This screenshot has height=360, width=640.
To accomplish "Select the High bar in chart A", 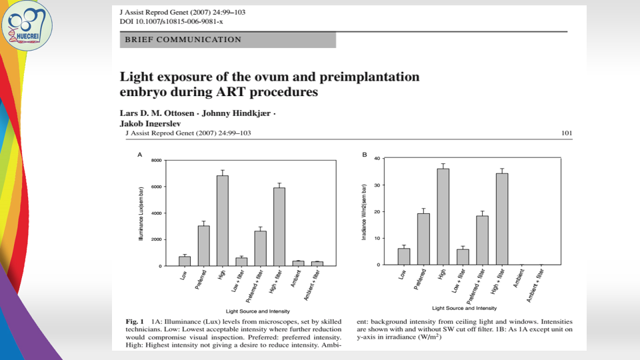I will tap(223, 221).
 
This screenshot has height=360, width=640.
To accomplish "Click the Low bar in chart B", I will tap(404, 257).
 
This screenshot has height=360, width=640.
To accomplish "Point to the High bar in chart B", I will tap(443, 217).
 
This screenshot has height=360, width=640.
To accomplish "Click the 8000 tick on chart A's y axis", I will tap(156, 161).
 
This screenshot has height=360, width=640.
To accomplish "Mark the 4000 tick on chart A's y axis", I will tap(156, 213).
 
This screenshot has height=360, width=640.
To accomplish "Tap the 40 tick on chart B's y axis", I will tap(377, 159).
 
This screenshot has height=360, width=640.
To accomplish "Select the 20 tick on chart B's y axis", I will tap(377, 212).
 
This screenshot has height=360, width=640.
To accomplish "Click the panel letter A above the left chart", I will tap(140, 155).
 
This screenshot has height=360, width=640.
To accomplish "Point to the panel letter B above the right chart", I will tap(365, 155).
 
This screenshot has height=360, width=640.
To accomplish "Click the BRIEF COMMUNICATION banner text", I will tap(183, 40).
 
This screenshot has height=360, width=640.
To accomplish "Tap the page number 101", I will tap(566, 133).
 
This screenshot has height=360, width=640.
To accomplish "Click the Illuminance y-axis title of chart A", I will tap(141, 213).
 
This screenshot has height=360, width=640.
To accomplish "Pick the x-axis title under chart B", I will tap(464, 308).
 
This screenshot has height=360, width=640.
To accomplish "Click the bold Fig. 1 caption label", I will tap(137, 321).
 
